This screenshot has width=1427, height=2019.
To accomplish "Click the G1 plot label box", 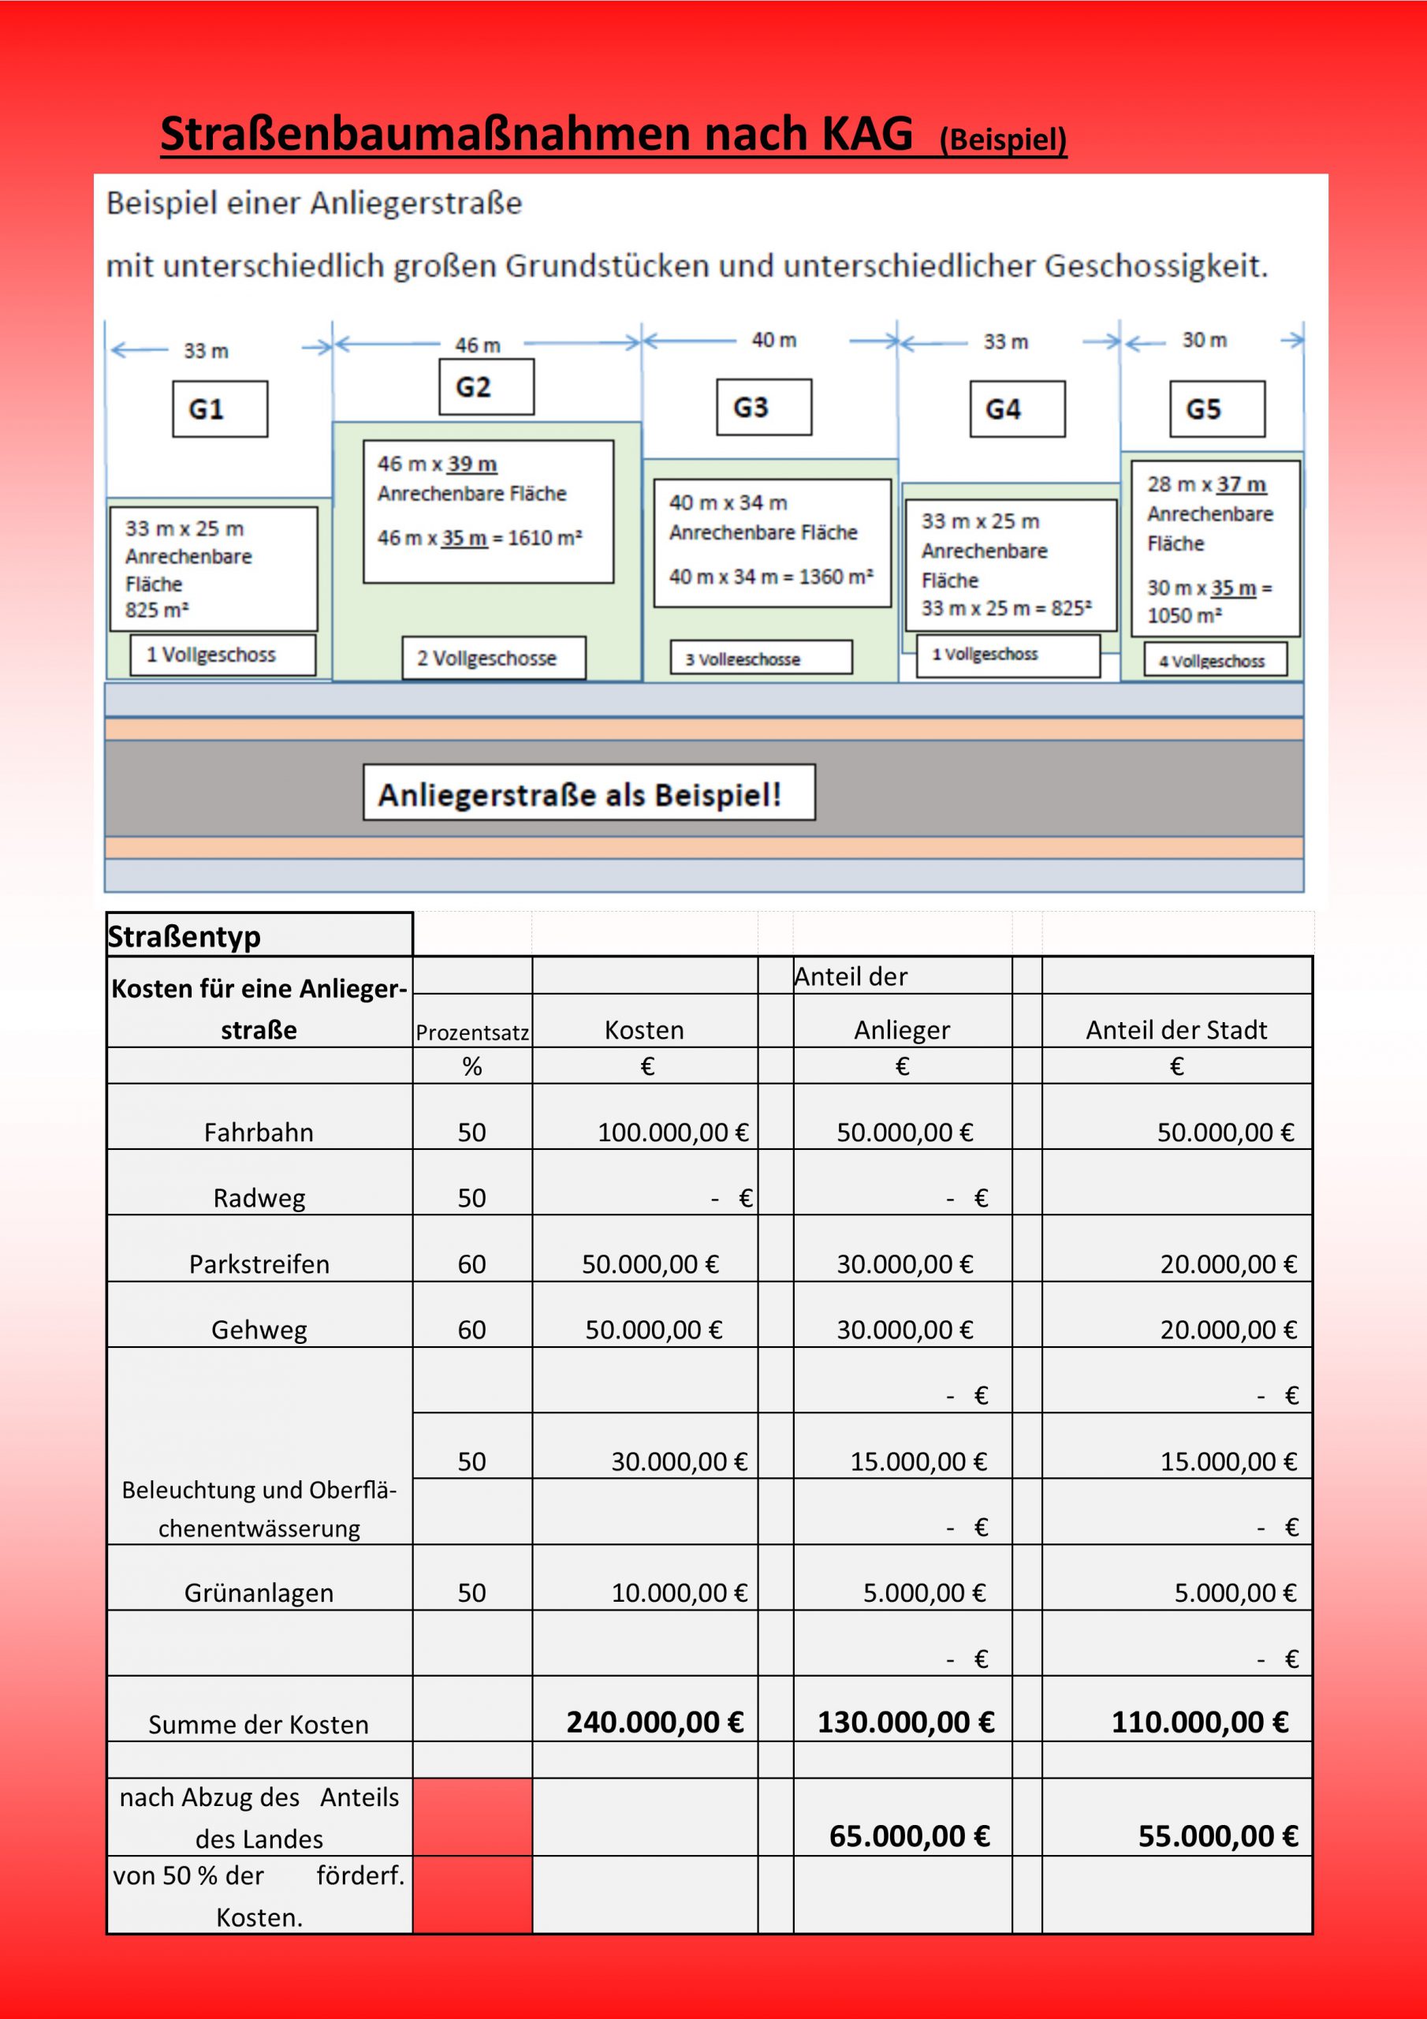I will click(x=220, y=409).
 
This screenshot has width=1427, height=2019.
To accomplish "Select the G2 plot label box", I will click(x=486, y=387).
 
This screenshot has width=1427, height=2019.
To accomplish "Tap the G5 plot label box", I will click(x=1216, y=409).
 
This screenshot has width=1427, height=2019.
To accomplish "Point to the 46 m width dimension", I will click(x=478, y=345).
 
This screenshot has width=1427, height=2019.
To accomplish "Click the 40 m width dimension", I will click(x=773, y=340).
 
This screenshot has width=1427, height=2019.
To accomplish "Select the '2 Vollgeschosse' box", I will click(x=494, y=658).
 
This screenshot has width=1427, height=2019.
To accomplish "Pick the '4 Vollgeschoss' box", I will click(x=1214, y=660).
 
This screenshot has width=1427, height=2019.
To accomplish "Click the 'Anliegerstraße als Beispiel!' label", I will click(x=588, y=793).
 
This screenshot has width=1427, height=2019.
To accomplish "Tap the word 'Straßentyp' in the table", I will click(x=184, y=936).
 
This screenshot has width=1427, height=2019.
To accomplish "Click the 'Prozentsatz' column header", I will click(x=472, y=1032).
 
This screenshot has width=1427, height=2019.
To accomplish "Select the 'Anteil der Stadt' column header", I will click(x=1176, y=1030).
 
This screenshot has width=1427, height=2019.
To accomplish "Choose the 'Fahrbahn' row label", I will click(x=259, y=1132).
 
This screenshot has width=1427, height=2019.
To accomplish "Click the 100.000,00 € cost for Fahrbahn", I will click(x=673, y=1132).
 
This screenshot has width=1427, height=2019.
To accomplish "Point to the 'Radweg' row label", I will click(x=259, y=1198).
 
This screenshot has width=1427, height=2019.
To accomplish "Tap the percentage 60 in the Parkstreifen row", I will click(x=471, y=1263).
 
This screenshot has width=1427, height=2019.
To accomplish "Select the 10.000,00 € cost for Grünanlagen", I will click(x=679, y=1592).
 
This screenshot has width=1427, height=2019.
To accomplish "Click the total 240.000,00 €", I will click(x=655, y=1722).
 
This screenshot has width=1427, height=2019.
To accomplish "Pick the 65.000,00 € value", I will click(x=909, y=1836).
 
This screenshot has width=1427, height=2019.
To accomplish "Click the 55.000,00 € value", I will click(x=1218, y=1836).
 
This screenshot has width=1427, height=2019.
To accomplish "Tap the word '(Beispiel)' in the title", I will click(x=1002, y=140).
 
